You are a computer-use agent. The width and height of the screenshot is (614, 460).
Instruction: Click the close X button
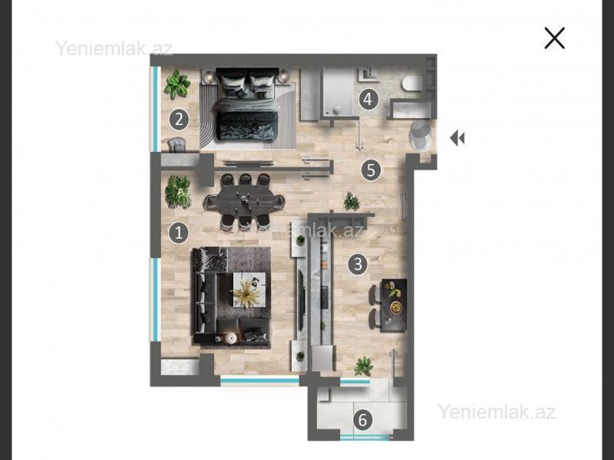tap(554, 38)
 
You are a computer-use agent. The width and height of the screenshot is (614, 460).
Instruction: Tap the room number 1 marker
tap(179, 233)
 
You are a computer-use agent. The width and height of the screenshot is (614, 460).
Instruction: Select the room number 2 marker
tap(180, 120)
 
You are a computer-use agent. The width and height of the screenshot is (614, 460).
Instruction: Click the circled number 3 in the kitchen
tap(358, 264)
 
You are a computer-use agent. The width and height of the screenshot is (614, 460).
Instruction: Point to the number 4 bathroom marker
tap(368, 100)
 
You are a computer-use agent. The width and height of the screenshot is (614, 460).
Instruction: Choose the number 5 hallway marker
tap(371, 170)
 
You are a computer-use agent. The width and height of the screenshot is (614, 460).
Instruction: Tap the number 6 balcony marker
tap(362, 420)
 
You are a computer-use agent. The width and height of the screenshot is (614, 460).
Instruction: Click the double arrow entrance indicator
tap(457, 138)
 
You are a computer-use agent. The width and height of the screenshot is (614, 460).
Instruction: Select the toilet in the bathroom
tap(412, 84)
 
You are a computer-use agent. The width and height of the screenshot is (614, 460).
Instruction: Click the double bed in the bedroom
tap(247, 104)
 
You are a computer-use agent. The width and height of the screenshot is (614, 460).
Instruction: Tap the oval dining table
tap(243, 202)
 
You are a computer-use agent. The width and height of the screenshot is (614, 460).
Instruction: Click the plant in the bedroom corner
tap(177, 84)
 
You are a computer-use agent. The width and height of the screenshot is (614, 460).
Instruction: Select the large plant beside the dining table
tap(178, 192)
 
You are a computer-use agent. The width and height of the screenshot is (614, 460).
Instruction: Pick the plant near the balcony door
tap(364, 366)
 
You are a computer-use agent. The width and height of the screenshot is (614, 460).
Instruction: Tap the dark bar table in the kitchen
tap(394, 305)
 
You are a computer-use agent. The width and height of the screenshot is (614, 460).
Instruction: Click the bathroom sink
tap(369, 74)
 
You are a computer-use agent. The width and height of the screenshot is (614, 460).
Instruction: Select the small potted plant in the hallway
tap(352, 201)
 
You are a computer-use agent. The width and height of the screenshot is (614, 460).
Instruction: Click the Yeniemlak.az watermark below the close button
tap(497, 412)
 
